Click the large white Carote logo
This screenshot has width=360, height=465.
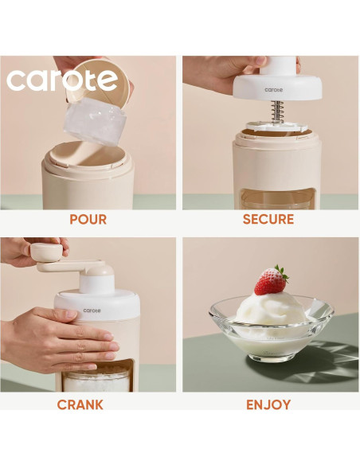(x=62, y=80)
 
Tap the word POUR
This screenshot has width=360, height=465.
(x=88, y=219)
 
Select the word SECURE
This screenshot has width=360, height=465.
(x=268, y=219)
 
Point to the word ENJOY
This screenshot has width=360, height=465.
(x=268, y=404)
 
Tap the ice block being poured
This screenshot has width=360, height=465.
(x=95, y=123)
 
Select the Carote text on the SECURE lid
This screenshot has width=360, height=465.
(x=272, y=90)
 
